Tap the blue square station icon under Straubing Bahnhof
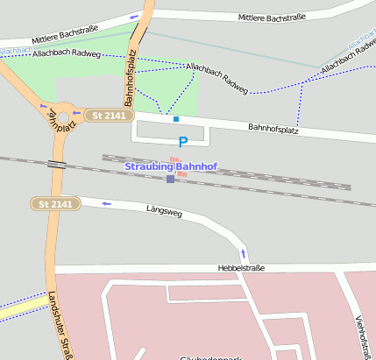click(x=170, y=179)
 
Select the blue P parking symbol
click(x=182, y=141)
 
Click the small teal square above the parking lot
click(x=176, y=119)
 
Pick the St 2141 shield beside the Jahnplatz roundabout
click(x=110, y=116)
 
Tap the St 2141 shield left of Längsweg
click(x=56, y=204)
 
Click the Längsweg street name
click(x=168, y=210)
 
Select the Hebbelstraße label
click(x=240, y=267)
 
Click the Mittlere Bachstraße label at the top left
click(x=64, y=35)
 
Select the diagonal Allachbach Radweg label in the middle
click(x=217, y=77)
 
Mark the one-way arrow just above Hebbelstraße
click(x=244, y=254)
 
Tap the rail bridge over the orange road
click(x=57, y=164)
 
